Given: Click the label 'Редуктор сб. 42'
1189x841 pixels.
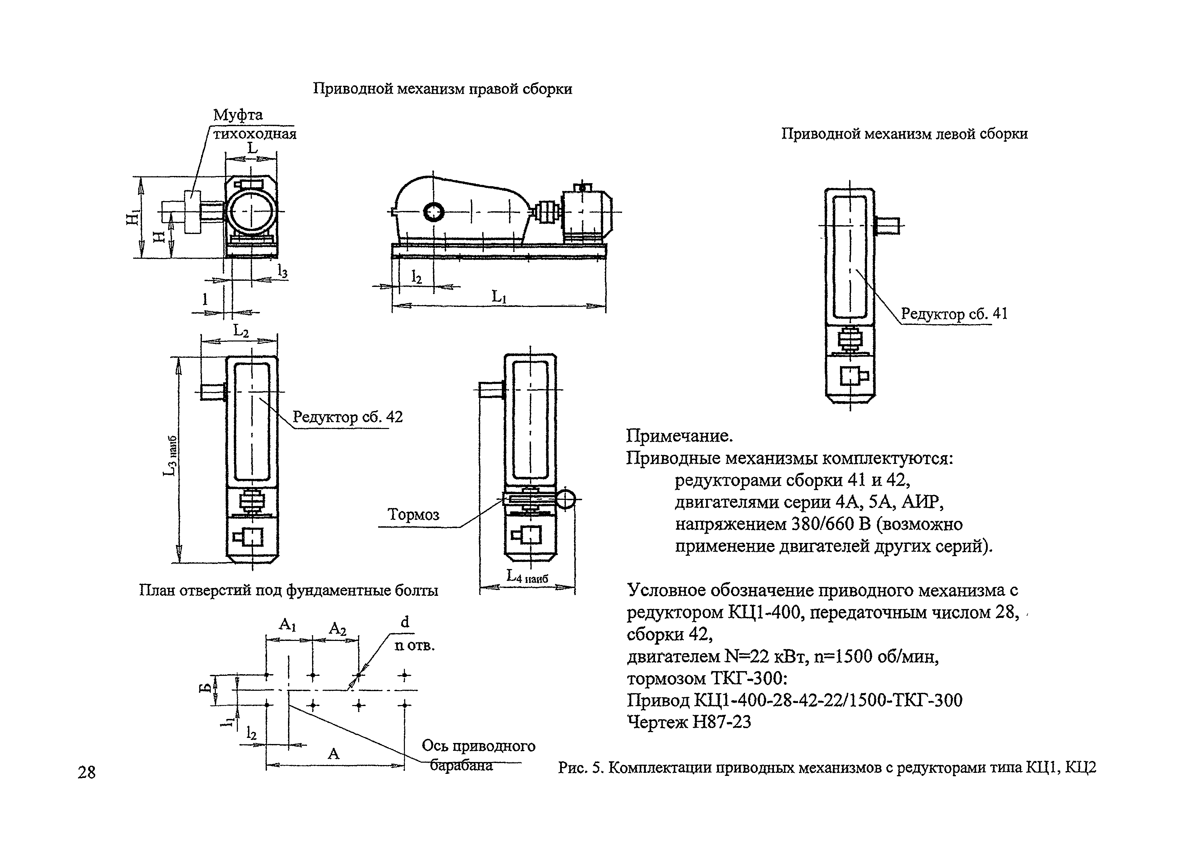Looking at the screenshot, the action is (x=347, y=417).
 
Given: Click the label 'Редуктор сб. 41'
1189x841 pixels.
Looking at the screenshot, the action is (x=955, y=314).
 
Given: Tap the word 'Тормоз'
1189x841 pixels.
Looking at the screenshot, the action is (x=413, y=514).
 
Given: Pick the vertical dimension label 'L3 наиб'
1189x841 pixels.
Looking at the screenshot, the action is (x=170, y=456).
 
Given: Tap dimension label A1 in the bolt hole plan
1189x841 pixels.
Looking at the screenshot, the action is (x=287, y=624).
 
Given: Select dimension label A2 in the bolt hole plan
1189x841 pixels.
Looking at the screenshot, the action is (x=337, y=629).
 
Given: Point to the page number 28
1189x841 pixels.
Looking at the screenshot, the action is (x=86, y=772).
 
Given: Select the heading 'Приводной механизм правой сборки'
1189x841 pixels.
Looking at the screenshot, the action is (x=442, y=89).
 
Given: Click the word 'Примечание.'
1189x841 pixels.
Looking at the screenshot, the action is (x=679, y=436).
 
